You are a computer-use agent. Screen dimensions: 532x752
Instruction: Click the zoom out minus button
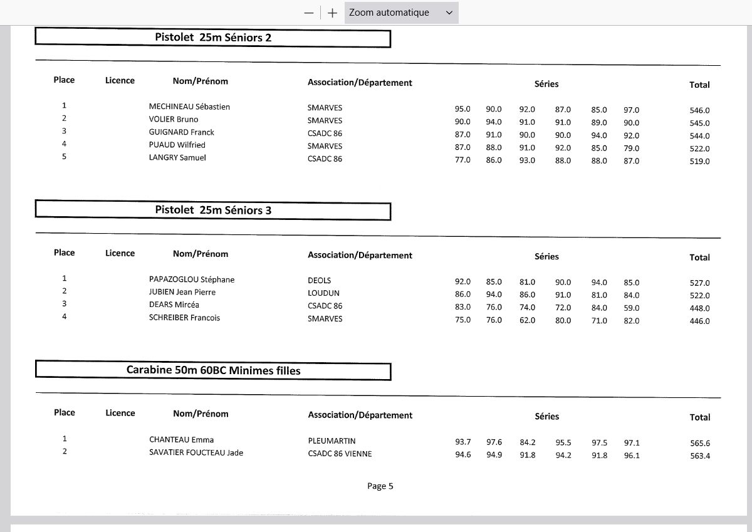pos(308,13)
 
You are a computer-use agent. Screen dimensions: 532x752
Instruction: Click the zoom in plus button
pos(332,13)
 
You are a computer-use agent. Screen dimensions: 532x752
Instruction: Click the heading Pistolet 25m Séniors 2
pos(213,38)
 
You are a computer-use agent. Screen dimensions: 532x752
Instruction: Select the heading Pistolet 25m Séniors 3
pos(213,211)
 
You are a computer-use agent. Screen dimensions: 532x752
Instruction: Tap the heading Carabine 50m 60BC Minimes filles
pos(213,370)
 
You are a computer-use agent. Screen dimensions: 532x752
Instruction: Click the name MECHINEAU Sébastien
pos(189,107)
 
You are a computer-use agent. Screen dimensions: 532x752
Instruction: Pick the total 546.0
pos(699,110)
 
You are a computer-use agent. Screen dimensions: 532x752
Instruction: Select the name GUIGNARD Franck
pos(181,132)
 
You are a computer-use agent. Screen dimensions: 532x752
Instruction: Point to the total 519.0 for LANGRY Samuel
pos(699,161)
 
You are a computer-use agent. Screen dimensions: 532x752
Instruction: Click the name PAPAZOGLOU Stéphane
pos(192,279)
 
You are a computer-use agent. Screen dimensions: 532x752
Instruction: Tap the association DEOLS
pos(319,280)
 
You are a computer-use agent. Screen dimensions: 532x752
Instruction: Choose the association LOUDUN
pos(323,293)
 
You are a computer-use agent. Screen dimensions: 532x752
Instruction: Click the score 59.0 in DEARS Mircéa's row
pos(631,308)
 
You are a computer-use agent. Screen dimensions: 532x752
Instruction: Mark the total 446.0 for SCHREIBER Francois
pos(699,321)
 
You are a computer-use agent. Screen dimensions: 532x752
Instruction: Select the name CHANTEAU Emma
pos(181,440)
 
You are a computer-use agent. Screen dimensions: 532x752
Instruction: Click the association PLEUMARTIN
pos(332,441)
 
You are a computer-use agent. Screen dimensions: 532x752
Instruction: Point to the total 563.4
pos(699,456)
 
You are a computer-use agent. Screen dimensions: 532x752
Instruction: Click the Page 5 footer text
pos(380,486)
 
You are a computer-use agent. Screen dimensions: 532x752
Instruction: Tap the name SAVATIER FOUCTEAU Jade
pos(196,452)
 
